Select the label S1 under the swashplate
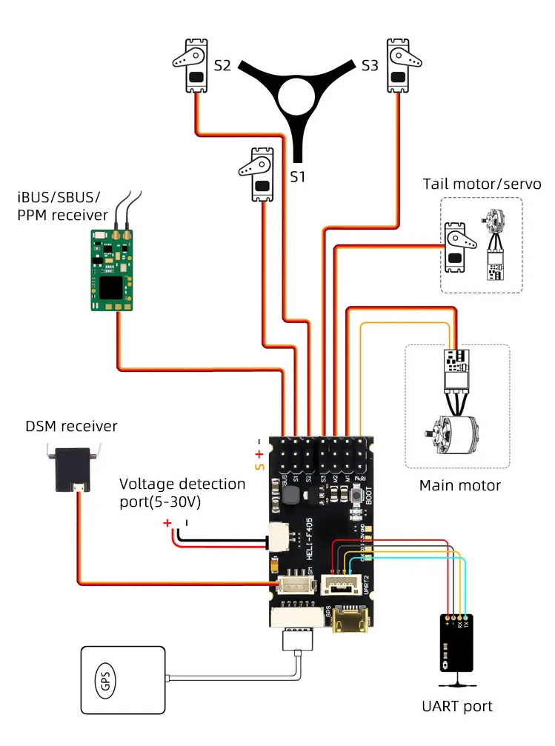tap(297, 177)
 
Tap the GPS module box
tap(122, 682)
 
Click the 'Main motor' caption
tap(459, 486)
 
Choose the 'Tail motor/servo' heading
tap(482, 184)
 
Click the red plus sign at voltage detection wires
tap(167, 523)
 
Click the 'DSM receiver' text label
tap(71, 426)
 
